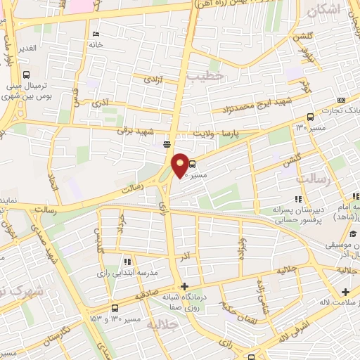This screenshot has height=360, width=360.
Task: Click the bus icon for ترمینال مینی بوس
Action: point(27,75)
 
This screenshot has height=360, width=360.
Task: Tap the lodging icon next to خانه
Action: point(95,34)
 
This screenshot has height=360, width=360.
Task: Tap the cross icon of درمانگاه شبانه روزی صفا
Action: point(184,286)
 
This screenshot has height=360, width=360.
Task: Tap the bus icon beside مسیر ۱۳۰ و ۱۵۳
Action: point(115,308)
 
